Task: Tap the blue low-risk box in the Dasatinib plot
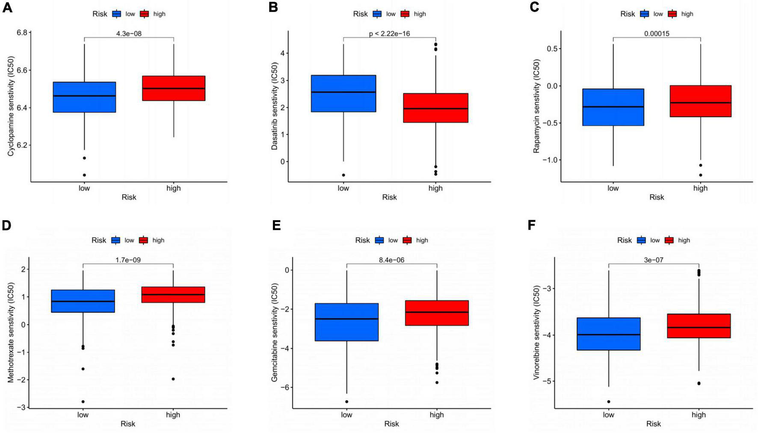[x=343, y=93]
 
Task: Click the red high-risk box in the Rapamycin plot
[x=700, y=101]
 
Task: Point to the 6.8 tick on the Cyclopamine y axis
[x=22, y=33]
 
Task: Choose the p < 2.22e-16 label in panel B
[x=389, y=34]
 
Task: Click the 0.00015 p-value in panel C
[x=657, y=34]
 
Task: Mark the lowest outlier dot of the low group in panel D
[x=83, y=402]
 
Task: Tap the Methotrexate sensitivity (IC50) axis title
[x=11, y=332]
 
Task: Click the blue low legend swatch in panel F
[x=642, y=240]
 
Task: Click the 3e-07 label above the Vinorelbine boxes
[x=653, y=260]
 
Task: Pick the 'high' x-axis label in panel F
[x=699, y=415]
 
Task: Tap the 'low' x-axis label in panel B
[x=343, y=188]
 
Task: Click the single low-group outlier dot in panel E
[x=346, y=402]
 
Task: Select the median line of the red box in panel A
[x=173, y=88]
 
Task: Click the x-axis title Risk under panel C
[x=657, y=197]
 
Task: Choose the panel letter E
[x=276, y=226]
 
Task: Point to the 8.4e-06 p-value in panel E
[x=391, y=260]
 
